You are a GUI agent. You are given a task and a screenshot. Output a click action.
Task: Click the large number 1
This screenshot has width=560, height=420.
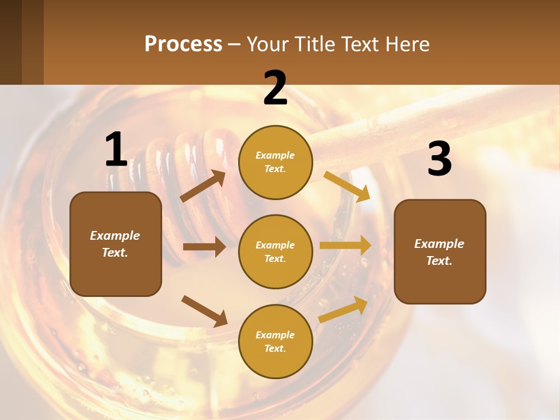tap(116, 150)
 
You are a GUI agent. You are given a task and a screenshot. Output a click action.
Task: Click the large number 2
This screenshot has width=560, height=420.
tap(275, 89)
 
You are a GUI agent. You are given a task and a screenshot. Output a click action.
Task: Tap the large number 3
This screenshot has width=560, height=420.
tap(439, 159)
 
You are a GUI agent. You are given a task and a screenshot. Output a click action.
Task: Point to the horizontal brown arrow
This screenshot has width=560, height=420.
tap(204, 247)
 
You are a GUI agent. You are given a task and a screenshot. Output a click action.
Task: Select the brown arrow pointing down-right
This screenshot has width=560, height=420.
tap(204, 310)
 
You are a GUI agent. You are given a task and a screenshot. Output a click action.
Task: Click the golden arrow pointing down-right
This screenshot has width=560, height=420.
tap(346, 187)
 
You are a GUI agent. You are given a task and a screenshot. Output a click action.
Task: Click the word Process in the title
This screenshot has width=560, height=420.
tap(183, 44)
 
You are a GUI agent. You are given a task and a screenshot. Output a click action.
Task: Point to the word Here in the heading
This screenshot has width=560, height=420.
tap(407, 44)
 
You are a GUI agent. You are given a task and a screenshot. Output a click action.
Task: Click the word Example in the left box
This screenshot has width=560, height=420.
tap(115, 236)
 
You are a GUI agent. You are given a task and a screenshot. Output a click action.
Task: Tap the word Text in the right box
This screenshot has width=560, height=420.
tap(439, 261)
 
